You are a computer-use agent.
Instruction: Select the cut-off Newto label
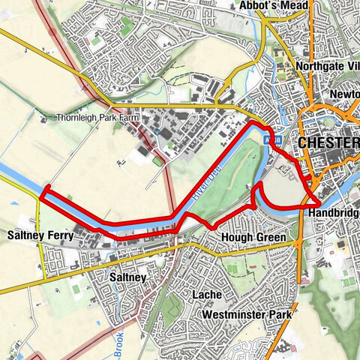point(344,94)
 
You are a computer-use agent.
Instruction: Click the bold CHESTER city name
point(328,142)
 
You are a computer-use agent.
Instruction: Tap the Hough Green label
point(253,238)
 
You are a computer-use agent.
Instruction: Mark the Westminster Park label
point(246,315)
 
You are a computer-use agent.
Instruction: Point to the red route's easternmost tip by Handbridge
point(318,203)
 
